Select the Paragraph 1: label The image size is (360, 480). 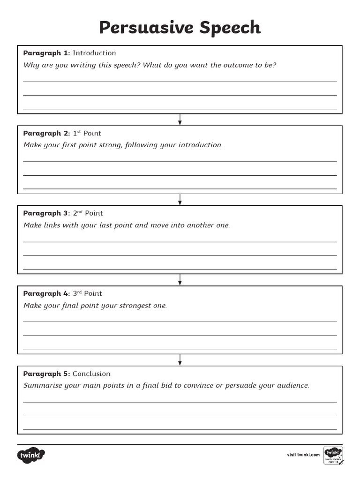click(x=46, y=53)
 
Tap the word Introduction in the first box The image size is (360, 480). click(x=94, y=53)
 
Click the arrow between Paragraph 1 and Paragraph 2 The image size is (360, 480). click(x=180, y=120)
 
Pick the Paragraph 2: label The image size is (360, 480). click(x=46, y=133)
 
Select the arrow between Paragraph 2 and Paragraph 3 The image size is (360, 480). click(x=180, y=200)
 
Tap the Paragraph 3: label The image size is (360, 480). click(x=46, y=213)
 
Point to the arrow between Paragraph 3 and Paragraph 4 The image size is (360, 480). click(x=180, y=280)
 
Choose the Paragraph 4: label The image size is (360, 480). click(x=46, y=293)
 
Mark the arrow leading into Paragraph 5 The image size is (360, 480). click(x=180, y=360)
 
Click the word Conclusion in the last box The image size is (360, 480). click(x=91, y=374)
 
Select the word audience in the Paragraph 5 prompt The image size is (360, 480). click(x=292, y=386)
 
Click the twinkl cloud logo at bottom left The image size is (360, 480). click(x=31, y=455)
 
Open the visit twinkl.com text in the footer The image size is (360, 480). click(x=303, y=455)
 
